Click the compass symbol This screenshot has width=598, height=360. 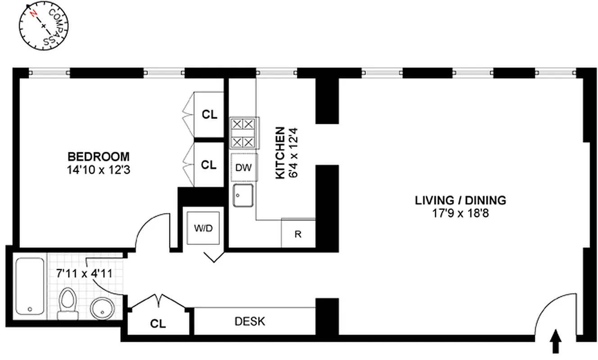(x=43, y=26)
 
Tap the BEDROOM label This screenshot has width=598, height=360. (x=98, y=157)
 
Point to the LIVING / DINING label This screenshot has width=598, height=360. (x=460, y=200)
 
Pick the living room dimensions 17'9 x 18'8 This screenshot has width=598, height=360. (x=460, y=213)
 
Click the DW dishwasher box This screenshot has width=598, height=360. (x=244, y=167)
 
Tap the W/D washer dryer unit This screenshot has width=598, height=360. (x=203, y=228)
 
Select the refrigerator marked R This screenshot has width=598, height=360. (x=298, y=234)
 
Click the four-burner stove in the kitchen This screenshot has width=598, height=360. (x=243, y=133)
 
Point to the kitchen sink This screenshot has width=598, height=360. (x=244, y=195)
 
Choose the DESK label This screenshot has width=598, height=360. (x=250, y=322)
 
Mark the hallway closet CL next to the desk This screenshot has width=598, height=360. (x=158, y=324)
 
